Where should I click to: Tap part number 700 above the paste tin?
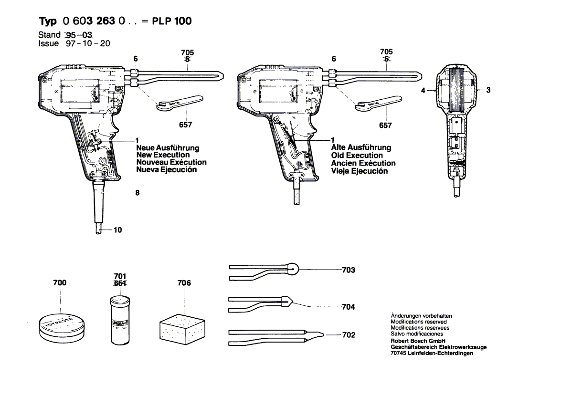point(60,283)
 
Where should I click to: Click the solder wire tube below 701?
point(119,320)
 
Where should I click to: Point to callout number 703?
point(349,270)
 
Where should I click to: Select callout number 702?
point(349,335)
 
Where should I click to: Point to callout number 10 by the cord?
point(117,230)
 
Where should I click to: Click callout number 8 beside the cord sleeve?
point(137,193)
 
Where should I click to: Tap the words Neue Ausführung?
point(167,148)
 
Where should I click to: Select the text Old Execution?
point(357,156)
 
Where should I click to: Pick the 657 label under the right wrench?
point(385,125)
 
